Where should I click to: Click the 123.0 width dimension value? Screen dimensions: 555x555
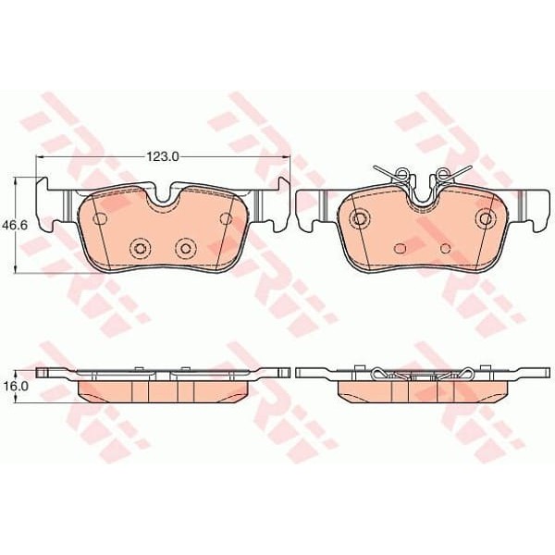coord(163,158)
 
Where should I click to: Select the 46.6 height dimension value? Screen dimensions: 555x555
coord(12,224)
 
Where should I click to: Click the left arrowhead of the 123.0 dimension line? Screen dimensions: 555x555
coord(39,158)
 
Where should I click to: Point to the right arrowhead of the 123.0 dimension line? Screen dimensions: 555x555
coord(287,158)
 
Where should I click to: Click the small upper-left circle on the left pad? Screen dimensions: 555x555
coord(101,218)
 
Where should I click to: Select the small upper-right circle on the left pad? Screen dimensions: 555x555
coord(226,218)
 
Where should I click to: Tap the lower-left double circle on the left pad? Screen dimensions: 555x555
coord(141,247)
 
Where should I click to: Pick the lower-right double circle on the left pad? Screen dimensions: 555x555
coord(186,247)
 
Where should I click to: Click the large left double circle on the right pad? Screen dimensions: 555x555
coord(359,218)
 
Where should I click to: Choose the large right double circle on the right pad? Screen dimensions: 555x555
coord(486,218)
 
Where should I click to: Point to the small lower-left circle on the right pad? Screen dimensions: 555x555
coord(400,248)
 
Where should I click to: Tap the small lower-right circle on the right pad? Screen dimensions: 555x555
coord(445,248)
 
